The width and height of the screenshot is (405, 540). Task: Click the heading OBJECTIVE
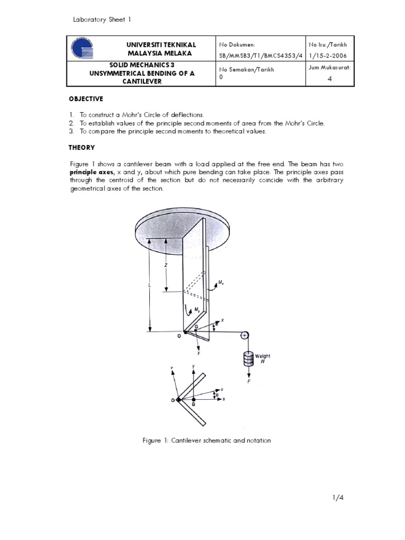[x=87, y=99]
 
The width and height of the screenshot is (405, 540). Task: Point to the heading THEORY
[x=82, y=148]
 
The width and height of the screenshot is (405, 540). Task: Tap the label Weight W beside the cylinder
[x=263, y=359]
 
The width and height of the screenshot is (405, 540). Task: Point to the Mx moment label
[x=228, y=283]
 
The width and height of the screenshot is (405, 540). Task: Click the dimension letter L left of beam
[x=150, y=284]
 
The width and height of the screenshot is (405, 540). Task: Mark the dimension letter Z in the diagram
[x=166, y=265]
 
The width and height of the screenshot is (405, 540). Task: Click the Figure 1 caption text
[x=207, y=440]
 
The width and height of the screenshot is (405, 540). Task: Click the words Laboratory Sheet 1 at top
[x=101, y=20]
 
